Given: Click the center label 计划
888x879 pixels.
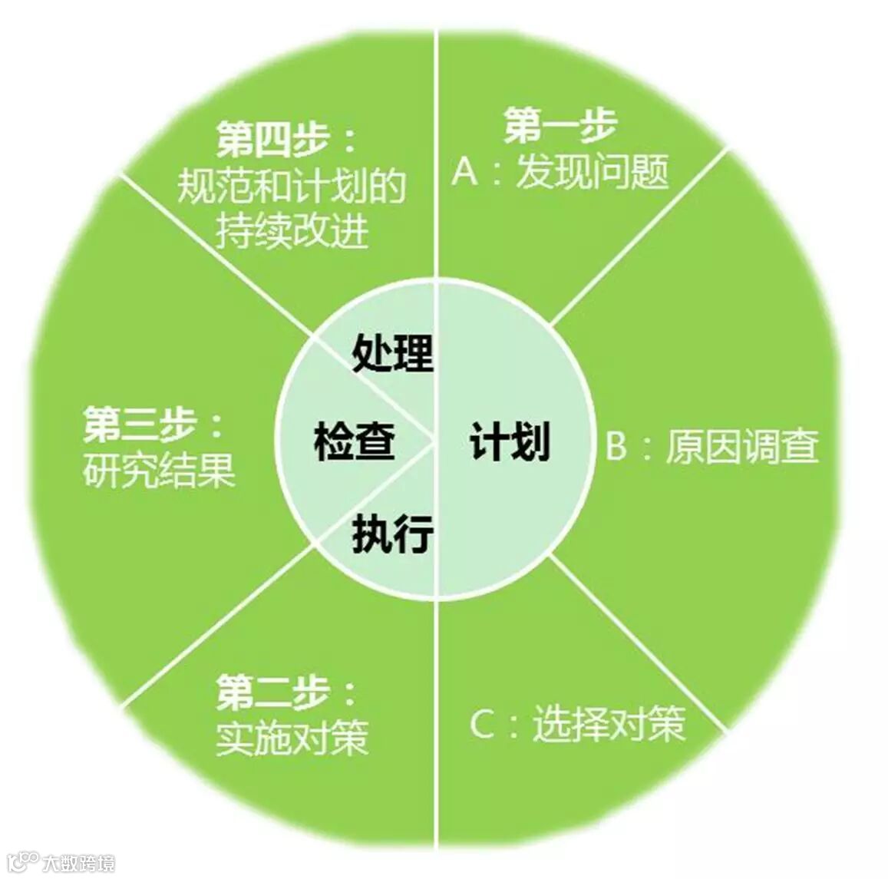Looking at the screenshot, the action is coord(510,443).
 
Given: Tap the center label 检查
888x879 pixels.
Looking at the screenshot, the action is coord(355,443).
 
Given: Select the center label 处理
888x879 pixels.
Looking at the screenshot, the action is coord(393,353).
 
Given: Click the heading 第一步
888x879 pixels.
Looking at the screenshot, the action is coord(560,125).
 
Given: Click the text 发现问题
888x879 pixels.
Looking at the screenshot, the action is coord(593,171).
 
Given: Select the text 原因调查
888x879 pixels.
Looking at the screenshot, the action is coord(742,446).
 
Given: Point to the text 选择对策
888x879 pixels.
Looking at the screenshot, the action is coord(609,722).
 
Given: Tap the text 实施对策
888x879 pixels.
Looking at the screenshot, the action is coord(292,738).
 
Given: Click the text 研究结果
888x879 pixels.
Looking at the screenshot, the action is coord(159,470).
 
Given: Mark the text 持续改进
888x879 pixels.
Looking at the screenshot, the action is coord(292,230).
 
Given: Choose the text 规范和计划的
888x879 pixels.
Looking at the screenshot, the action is coord(292,186).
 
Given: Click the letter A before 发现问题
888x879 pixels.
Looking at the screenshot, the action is coord(466,172).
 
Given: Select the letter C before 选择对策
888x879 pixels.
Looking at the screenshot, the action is coord(482,723).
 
